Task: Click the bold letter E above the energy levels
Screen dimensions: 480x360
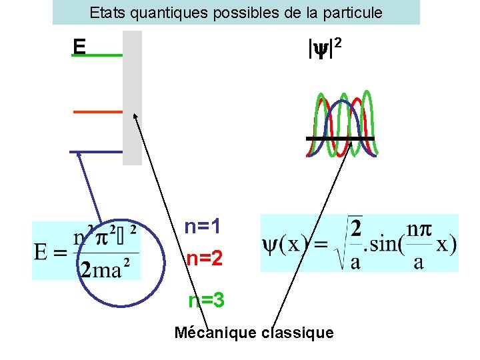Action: coord(80,46)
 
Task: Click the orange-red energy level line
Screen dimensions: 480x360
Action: coord(97,111)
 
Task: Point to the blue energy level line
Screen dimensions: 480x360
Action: coord(96,152)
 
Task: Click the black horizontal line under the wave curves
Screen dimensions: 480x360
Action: coord(340,138)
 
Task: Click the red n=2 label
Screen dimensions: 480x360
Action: coord(204,258)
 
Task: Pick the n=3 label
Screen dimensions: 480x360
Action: coord(206,301)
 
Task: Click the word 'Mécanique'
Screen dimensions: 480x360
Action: coord(215,332)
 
